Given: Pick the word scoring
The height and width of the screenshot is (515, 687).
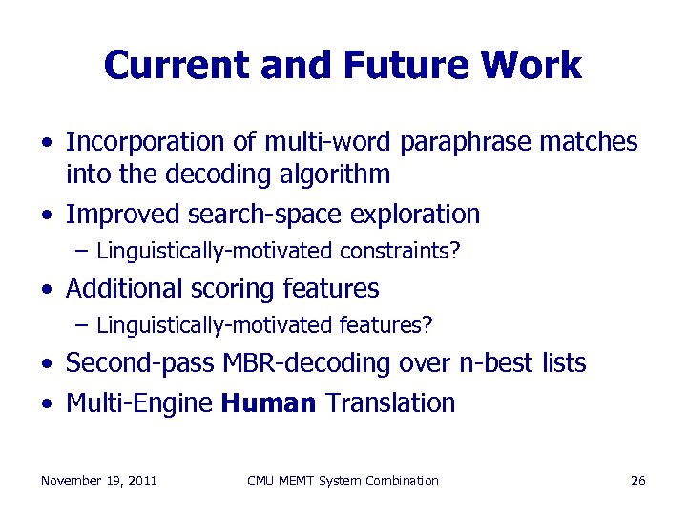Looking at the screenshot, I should (x=233, y=289).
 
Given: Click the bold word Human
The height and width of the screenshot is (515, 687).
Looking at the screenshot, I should (x=268, y=403).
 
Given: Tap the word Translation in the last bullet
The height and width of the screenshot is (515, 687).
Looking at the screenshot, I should (x=390, y=403).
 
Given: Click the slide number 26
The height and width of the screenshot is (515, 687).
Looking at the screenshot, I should (x=638, y=481).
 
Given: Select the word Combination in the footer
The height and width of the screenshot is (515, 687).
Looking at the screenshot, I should (x=401, y=481).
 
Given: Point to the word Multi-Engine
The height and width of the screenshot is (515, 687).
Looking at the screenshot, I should (x=139, y=403).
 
